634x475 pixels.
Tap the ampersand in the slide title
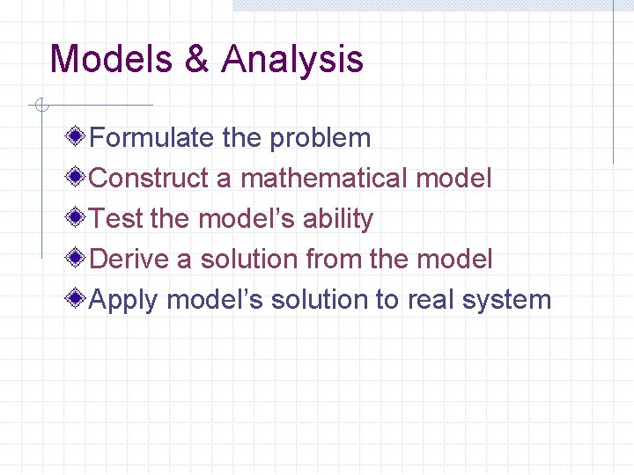[x=197, y=60]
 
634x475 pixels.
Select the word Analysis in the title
[x=292, y=60]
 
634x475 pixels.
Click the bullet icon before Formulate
[x=78, y=136]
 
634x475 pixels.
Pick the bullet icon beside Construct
[x=78, y=177]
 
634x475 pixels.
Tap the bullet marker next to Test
[x=78, y=217]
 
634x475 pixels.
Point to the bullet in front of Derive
[x=78, y=258]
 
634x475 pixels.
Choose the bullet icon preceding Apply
[x=78, y=298]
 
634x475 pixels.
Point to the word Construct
[x=149, y=179]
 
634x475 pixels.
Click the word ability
[x=338, y=219]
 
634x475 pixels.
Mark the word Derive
[x=130, y=259]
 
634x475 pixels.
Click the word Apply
[x=124, y=301]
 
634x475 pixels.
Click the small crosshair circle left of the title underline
[x=39, y=106]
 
